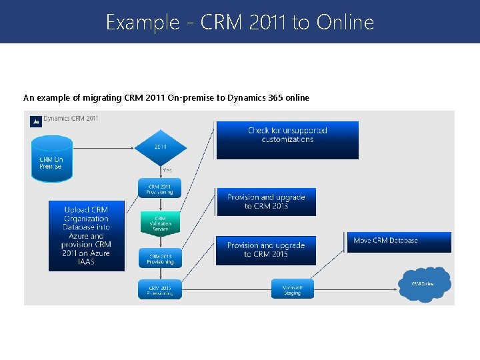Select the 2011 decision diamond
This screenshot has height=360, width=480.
pos(159,145)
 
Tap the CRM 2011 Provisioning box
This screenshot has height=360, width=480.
pos(159,189)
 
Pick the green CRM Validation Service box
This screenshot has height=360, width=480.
pos(160,223)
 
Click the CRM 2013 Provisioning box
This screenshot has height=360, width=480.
pos(159,258)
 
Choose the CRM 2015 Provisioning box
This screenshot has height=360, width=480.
pos(159,289)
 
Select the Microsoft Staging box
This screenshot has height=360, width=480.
pos(292,289)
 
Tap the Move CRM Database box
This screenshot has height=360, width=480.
pos(399,241)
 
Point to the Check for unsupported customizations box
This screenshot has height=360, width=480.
pos(287,139)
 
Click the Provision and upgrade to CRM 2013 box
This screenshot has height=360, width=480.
pos(265,201)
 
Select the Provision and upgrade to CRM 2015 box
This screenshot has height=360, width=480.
pos(265,250)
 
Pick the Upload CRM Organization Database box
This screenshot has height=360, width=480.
pos(86,235)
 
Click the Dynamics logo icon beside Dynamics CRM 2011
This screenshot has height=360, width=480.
pos(35,121)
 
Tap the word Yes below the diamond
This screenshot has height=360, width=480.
pos(167,171)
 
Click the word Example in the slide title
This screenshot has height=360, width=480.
pos(138,23)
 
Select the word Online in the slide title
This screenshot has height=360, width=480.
pos(345,23)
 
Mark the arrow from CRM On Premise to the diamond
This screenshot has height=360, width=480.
pos(103,145)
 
